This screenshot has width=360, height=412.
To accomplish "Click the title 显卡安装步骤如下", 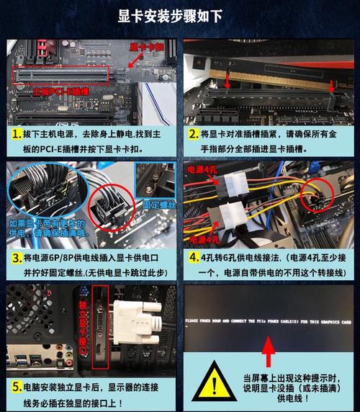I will point(180,16).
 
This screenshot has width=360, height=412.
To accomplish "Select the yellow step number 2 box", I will point(193,135).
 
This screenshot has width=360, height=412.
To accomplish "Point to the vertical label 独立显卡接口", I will point(84,328).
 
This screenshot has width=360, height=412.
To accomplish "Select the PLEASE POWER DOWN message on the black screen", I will point(267,319).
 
